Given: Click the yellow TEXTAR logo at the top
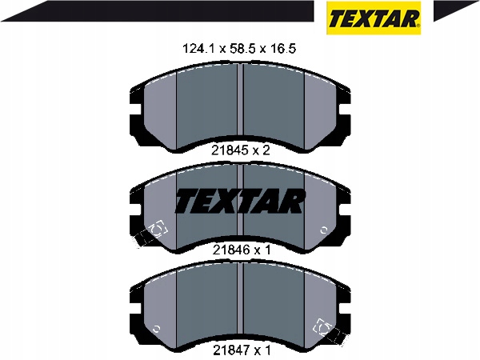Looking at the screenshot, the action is coord(374,18).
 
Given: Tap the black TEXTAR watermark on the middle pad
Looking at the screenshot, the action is coord(240,202).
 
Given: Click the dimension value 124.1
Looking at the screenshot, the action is coord(199,49).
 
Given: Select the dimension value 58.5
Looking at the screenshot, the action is coord(240,49).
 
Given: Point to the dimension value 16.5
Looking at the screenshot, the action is coord(283,49).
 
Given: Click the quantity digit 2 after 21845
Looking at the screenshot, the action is coord(266,150).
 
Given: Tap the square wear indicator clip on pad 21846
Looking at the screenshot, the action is coord(158,228).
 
